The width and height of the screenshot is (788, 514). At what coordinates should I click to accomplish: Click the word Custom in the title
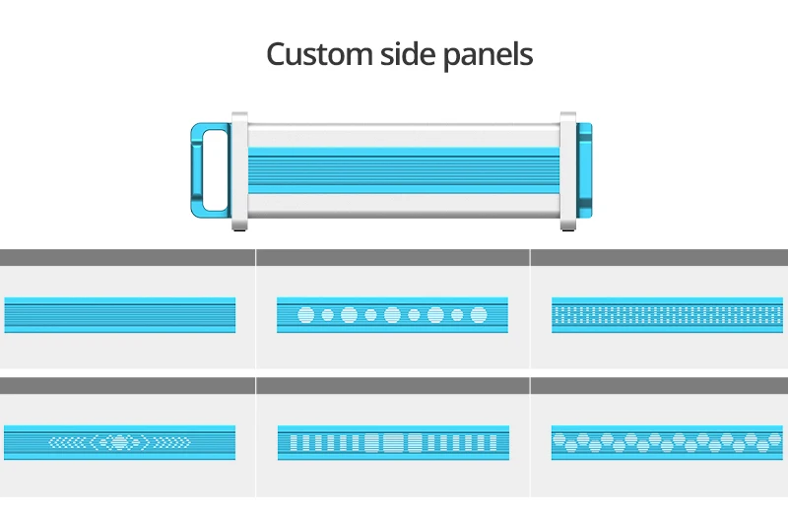click(x=319, y=53)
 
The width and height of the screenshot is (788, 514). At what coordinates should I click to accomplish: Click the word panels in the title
click(x=493, y=53)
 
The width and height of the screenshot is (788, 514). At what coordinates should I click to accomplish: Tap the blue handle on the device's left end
click(x=209, y=169)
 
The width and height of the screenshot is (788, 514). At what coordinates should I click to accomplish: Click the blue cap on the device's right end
click(x=584, y=169)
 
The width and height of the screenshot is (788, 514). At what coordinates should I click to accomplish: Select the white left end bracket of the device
click(x=240, y=171)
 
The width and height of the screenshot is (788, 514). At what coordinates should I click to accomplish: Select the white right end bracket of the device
click(x=568, y=171)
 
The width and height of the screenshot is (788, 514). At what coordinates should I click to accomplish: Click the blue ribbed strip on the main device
click(x=404, y=169)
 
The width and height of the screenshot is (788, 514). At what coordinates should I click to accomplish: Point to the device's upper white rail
click(x=404, y=134)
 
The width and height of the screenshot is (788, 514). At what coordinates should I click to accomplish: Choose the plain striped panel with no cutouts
click(x=120, y=315)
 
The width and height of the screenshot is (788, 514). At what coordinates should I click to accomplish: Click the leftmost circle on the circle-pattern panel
click(x=305, y=315)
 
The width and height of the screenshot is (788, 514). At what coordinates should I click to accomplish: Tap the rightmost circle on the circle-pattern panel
click(x=479, y=315)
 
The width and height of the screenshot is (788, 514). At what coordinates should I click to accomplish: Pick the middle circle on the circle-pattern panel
click(x=392, y=315)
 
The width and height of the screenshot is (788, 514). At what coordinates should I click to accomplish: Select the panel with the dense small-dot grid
click(x=668, y=315)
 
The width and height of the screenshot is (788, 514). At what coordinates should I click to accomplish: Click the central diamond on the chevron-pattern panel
click(x=120, y=441)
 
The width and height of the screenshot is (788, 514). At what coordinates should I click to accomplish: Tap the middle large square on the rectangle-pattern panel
click(x=392, y=442)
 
